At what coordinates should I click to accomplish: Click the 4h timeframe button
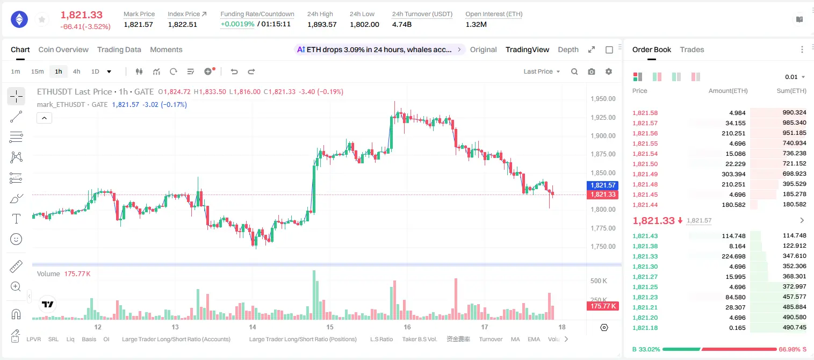click(x=76, y=71)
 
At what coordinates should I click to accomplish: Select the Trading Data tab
click(x=119, y=49)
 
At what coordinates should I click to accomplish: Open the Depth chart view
click(x=568, y=49)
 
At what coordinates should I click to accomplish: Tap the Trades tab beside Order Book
click(x=692, y=49)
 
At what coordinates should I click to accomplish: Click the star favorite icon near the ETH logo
click(x=42, y=19)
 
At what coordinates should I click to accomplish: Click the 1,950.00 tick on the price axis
click(x=603, y=99)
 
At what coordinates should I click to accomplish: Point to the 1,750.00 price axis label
click(x=603, y=246)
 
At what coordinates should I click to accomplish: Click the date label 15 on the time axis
click(x=329, y=327)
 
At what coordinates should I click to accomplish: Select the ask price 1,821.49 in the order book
click(x=645, y=174)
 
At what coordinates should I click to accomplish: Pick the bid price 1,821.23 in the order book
click(x=645, y=297)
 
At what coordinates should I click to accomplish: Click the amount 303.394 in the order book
click(x=733, y=174)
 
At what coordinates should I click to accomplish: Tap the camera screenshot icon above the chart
click(x=592, y=71)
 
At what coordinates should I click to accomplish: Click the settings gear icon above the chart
click(x=609, y=71)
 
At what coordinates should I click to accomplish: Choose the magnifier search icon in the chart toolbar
click(x=574, y=71)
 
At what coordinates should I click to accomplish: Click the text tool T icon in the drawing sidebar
click(x=16, y=219)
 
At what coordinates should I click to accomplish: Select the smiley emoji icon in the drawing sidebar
click(x=16, y=239)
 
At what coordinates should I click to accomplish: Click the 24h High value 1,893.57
click(x=322, y=24)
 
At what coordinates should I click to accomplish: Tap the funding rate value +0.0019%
click(x=237, y=24)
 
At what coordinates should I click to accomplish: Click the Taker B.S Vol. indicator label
click(x=419, y=339)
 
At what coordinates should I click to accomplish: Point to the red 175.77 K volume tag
click(x=602, y=306)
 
